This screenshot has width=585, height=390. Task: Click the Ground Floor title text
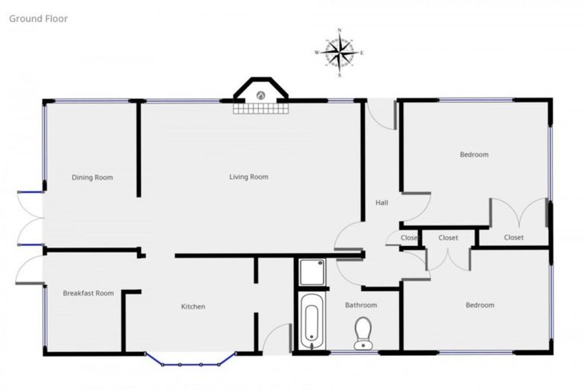click(x=38, y=18)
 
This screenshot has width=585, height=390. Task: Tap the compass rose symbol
click(x=339, y=52)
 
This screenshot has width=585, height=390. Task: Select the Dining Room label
click(x=92, y=177)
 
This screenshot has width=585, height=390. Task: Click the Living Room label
click(x=249, y=177)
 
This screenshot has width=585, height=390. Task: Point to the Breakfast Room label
click(x=88, y=293)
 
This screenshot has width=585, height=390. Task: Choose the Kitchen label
click(x=193, y=307)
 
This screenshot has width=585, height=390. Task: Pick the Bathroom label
click(x=360, y=305)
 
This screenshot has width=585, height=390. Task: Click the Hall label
click(x=382, y=203)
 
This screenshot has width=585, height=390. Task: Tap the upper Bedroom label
click(x=474, y=155)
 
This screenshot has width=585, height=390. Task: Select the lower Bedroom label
click(x=480, y=305)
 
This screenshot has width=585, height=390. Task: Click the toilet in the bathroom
click(x=363, y=333)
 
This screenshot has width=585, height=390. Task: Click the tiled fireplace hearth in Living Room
click(x=261, y=108)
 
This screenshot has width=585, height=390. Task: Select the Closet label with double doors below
click(x=449, y=238)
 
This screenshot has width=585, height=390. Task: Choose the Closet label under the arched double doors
click(x=514, y=238)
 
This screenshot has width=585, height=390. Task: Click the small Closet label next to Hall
click(x=410, y=238)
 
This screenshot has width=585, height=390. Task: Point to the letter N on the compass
click(x=339, y=31)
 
